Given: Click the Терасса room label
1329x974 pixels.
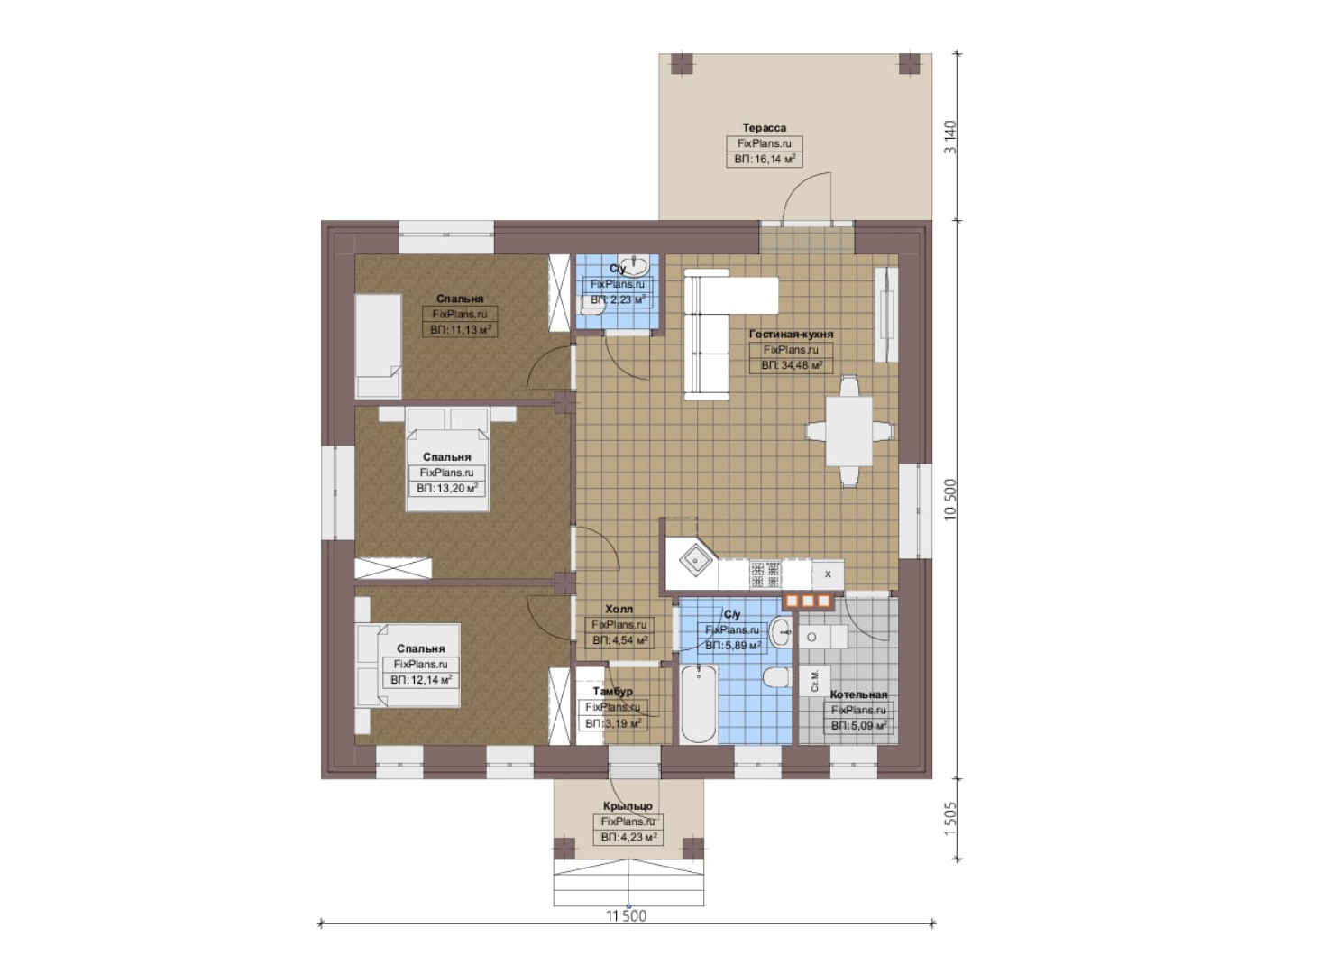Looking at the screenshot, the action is pyautogui.click(x=765, y=127).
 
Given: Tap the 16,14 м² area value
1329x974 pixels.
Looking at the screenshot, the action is pyautogui.click(x=771, y=159).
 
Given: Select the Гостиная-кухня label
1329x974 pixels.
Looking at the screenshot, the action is pyautogui.click(x=791, y=335).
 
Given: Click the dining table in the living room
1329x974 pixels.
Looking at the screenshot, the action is pyautogui.click(x=849, y=431).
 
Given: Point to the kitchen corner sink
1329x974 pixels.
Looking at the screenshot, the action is pyautogui.click(x=692, y=560).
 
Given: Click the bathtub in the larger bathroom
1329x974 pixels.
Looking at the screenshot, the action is pyautogui.click(x=699, y=704).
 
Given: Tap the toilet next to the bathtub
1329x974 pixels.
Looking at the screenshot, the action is pyautogui.click(x=776, y=676).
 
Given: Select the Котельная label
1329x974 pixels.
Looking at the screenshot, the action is pyautogui.click(x=858, y=694).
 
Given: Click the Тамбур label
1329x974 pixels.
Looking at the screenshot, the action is pyautogui.click(x=612, y=692).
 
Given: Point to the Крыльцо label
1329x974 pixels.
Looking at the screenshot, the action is pyautogui.click(x=628, y=806).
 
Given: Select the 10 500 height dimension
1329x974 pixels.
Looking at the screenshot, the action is pyautogui.click(x=950, y=499).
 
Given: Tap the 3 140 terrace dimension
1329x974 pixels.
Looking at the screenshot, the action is pyautogui.click(x=950, y=137).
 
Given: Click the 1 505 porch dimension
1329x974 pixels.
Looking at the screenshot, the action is pyautogui.click(x=950, y=819).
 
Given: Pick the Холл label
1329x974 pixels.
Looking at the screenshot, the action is pyautogui.click(x=619, y=609).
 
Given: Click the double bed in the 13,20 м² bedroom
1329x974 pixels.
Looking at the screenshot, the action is pyautogui.click(x=447, y=459).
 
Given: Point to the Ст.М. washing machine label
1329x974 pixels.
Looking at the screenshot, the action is pyautogui.click(x=814, y=680).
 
